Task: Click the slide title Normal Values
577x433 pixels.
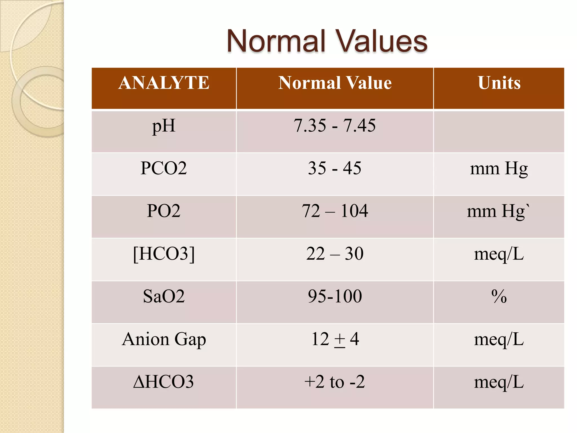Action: (327, 41)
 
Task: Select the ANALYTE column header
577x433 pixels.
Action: (164, 83)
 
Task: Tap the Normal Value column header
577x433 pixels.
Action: (335, 83)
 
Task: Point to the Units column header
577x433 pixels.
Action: (499, 83)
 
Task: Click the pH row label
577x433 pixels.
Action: (164, 126)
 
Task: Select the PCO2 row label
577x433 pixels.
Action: (164, 168)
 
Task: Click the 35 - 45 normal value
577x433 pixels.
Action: (335, 168)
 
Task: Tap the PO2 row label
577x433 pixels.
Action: (164, 211)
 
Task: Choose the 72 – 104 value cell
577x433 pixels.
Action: (335, 211)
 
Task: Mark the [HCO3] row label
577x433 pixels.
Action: (164, 254)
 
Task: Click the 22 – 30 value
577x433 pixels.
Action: (335, 254)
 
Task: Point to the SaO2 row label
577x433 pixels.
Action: (164, 296)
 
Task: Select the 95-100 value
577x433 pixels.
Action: (335, 296)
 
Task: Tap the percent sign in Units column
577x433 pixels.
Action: (499, 297)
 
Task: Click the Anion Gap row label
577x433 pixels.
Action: (164, 339)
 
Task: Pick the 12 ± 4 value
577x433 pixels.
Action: (335, 339)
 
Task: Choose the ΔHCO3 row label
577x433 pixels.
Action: (164, 382)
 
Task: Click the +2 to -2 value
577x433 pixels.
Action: (335, 382)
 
